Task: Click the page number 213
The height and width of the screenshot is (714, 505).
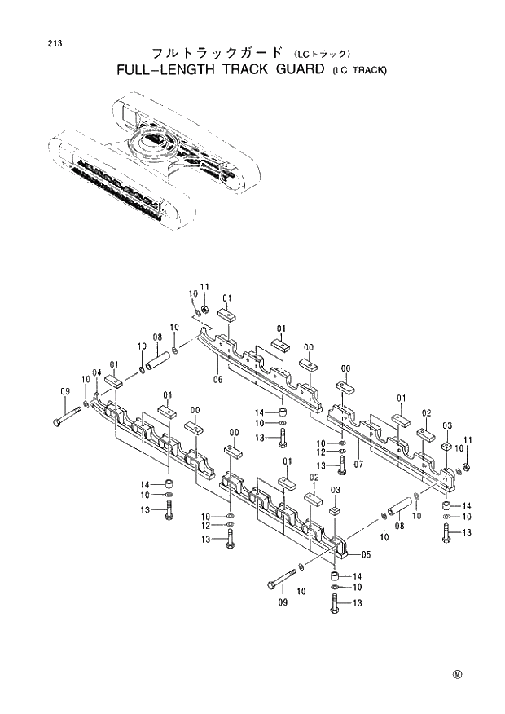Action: click(x=55, y=42)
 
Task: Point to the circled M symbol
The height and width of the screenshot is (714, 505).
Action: click(x=457, y=674)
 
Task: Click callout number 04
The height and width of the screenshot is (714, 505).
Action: click(x=96, y=373)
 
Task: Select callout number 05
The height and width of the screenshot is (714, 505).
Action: click(x=366, y=555)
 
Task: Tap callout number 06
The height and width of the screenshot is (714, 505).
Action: click(x=218, y=379)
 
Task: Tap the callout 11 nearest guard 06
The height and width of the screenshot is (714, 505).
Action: click(x=204, y=287)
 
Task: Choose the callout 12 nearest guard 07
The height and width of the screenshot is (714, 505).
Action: click(x=321, y=452)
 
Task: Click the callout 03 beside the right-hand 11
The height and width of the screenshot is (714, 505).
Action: click(x=447, y=426)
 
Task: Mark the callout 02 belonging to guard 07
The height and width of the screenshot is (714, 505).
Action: click(x=426, y=413)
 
